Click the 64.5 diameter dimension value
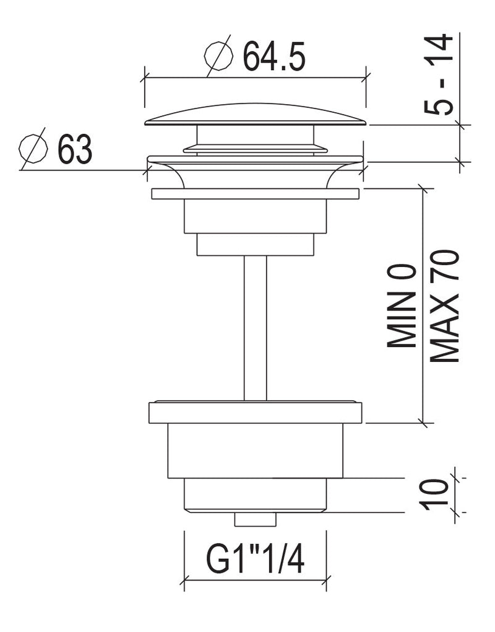coord(274,56)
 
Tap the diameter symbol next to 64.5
coord(218,56)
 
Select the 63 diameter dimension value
coord(75,149)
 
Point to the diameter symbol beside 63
coord(33,148)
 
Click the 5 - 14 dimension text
coord(439,74)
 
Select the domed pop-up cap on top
coord(255,115)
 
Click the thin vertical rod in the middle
coord(255,328)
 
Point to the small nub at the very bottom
coord(255,519)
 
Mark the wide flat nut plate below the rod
coord(255,412)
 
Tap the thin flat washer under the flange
coord(255,193)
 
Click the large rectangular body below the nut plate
coord(255,450)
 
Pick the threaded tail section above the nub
coord(255,495)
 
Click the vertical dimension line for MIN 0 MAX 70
coord(423,305)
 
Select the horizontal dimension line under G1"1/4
coord(255,581)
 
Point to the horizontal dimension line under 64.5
coord(255,77)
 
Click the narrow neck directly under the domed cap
coord(255,135)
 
